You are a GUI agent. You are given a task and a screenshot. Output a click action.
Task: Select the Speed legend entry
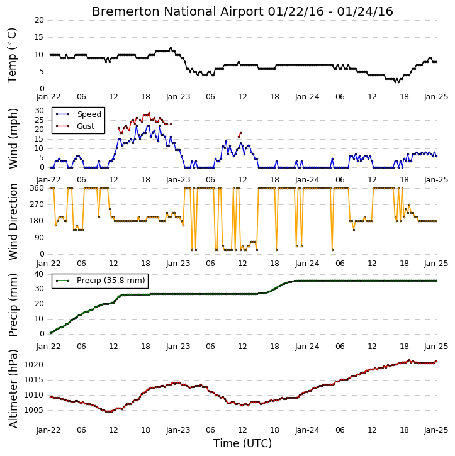(79, 114)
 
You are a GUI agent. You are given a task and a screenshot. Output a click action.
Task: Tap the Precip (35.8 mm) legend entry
(100, 281)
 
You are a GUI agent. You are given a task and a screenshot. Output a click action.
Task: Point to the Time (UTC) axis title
(242, 443)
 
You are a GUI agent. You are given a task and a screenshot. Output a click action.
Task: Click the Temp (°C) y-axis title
(12, 55)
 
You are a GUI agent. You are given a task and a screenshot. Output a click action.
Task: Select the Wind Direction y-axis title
(13, 221)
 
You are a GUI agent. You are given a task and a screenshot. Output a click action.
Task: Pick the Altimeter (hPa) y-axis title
(13, 389)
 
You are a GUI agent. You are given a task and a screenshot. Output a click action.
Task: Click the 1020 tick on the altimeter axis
(34, 365)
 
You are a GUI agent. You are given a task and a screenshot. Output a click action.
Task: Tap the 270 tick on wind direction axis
(37, 204)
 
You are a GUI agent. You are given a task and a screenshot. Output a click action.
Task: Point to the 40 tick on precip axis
(39, 274)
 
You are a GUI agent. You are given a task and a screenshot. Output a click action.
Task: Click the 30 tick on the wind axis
(39, 111)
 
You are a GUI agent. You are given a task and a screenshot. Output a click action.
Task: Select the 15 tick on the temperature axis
(39, 37)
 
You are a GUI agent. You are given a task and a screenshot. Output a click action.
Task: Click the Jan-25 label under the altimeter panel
(436, 430)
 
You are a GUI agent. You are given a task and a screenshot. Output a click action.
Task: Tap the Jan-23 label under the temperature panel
(178, 97)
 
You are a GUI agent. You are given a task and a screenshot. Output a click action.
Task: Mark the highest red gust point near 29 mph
(149, 113)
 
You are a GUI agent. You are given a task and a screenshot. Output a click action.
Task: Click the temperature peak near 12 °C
(171, 48)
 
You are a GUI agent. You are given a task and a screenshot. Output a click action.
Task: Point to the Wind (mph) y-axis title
(13, 138)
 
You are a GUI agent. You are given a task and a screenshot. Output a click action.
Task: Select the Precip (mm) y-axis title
(13, 305)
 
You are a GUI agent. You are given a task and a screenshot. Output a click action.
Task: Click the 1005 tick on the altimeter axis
(34, 410)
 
